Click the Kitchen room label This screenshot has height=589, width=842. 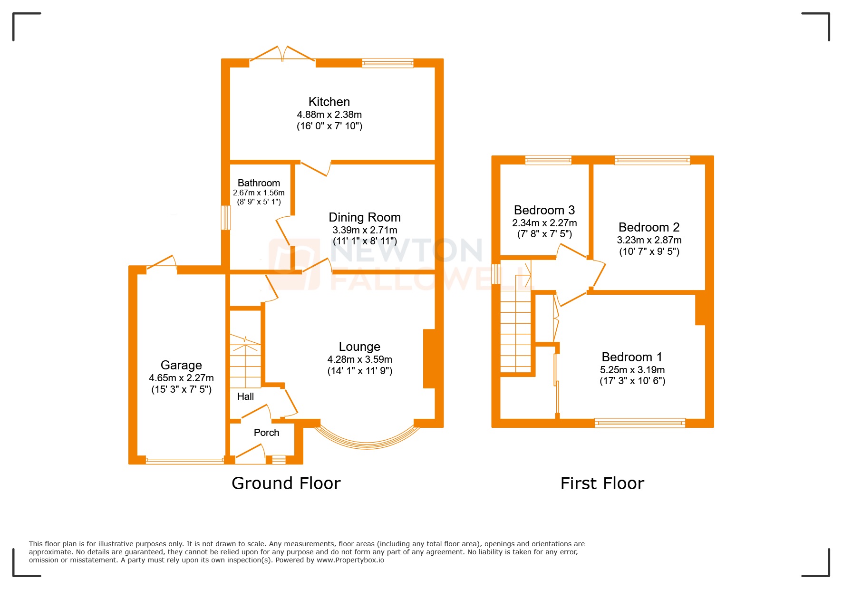pos(329,102)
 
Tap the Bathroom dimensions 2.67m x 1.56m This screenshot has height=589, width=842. pos(259,193)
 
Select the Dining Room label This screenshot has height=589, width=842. pos(365,217)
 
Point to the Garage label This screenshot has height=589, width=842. pos(181,365)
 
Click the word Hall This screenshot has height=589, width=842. pos(245,396)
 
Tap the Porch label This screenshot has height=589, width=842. pos(266,433)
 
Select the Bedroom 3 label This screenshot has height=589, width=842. pos(544,210)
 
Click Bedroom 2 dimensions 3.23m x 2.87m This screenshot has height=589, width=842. pos(649,240)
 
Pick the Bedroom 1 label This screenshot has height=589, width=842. pos(631,357)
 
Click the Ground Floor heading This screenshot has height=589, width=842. pos(286,483)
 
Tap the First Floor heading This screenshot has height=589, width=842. pos(602,483)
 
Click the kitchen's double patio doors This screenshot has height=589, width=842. pos(282,54)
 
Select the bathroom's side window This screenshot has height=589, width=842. pos(226,217)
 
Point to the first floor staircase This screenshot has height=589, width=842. pos(515,333)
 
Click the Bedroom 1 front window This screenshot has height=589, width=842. pos(639,423)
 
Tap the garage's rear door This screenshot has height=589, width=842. pos(162,264)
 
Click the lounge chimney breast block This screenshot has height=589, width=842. pos(429,359)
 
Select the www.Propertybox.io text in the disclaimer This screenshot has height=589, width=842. pos(350,560)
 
